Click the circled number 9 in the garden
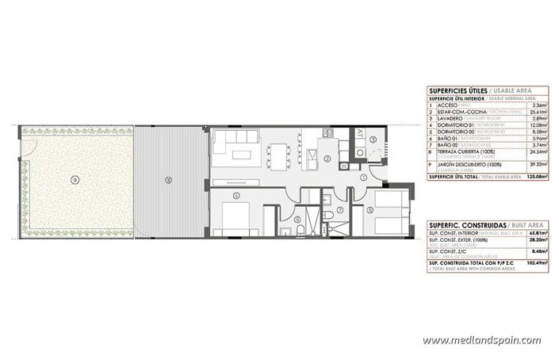[74, 180]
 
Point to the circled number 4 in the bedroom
[235, 195]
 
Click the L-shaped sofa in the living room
[236, 146]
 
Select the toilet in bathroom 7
[327, 219]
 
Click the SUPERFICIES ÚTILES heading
[456, 91]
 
